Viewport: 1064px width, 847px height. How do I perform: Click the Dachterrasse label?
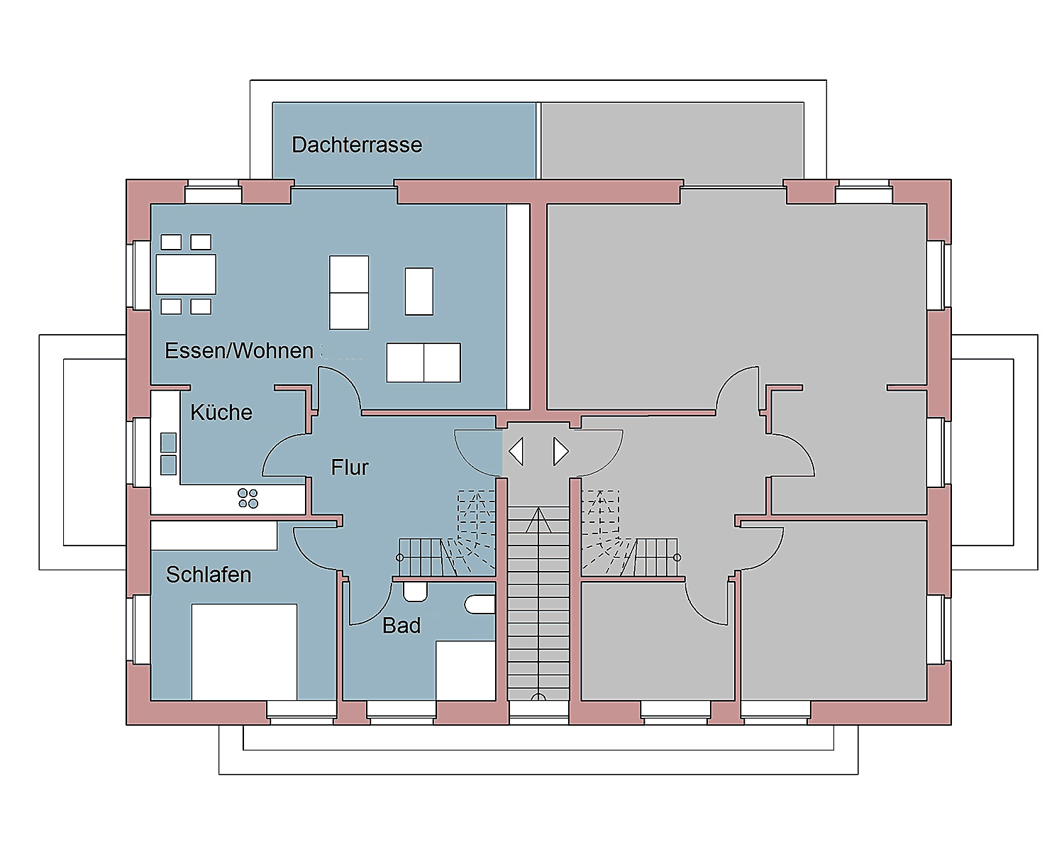pyautogui.click(x=357, y=145)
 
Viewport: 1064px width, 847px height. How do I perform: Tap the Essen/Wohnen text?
pyautogui.click(x=239, y=350)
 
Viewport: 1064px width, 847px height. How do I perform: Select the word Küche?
pyautogui.click(x=221, y=412)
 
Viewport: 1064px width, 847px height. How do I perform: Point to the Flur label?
pyautogui.click(x=350, y=467)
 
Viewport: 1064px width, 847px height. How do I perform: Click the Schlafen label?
pyautogui.click(x=208, y=575)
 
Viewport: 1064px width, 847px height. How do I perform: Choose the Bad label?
pyautogui.click(x=401, y=626)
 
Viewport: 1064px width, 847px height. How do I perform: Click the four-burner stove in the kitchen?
pyautogui.click(x=248, y=499)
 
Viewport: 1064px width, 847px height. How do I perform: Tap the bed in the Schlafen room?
pyautogui.click(x=244, y=652)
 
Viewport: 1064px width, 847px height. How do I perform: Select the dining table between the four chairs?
pyautogui.click(x=186, y=275)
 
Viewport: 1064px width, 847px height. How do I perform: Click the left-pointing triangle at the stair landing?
pyautogui.click(x=516, y=451)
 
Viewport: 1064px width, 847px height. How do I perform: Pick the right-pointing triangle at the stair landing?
pyautogui.click(x=560, y=451)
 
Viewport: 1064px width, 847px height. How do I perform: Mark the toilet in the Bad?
pyautogui.click(x=415, y=592)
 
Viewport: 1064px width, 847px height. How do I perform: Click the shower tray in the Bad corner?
pyautogui.click(x=465, y=670)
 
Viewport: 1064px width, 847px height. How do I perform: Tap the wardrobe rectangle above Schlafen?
pyautogui.click(x=214, y=535)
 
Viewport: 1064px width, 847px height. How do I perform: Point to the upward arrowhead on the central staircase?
pyautogui.click(x=538, y=519)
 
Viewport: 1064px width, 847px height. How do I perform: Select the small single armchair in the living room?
pyautogui.click(x=419, y=292)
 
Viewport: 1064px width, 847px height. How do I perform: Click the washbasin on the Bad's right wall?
pyautogui.click(x=480, y=604)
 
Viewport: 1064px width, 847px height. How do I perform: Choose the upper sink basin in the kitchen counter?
pyautogui.click(x=168, y=443)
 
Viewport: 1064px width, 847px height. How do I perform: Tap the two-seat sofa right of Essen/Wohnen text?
pyautogui.click(x=423, y=362)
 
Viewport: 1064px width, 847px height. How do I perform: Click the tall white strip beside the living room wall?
pyautogui.click(x=518, y=306)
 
